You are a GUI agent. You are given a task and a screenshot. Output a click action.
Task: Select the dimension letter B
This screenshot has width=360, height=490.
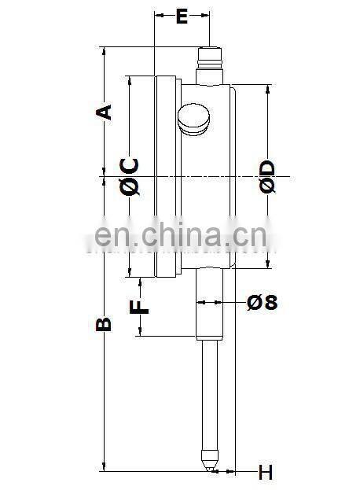point(103,324)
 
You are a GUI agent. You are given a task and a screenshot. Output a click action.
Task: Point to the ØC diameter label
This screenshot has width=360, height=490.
point(130,176)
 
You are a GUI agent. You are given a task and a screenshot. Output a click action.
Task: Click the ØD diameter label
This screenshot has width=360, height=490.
point(266,176)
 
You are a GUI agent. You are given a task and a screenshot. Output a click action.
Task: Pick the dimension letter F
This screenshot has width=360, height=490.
point(139,306)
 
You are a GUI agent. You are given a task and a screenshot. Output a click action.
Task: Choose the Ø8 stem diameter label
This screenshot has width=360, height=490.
point(262,301)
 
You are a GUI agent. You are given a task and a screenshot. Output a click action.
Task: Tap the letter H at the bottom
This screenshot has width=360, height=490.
point(265,472)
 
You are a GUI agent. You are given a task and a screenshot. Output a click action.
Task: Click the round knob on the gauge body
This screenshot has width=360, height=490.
point(194,119)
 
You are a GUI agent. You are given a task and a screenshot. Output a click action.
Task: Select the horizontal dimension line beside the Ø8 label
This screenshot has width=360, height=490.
point(236,301)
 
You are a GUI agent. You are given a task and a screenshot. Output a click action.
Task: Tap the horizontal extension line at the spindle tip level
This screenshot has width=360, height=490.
point(157,471)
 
